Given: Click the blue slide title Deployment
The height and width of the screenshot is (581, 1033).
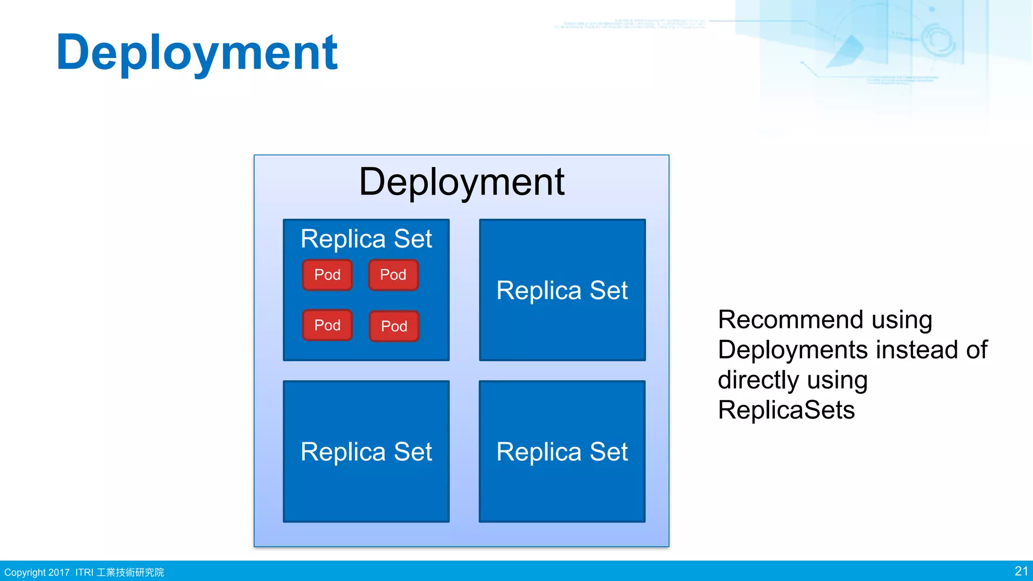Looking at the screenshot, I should coord(197,52).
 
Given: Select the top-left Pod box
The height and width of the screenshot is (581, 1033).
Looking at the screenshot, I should coord(327,275).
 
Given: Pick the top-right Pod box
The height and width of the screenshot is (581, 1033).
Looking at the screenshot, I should coord(393,275).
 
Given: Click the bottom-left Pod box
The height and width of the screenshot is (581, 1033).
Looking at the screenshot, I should coord(327,325).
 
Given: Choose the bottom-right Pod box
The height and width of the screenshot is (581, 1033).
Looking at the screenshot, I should coord(394,326).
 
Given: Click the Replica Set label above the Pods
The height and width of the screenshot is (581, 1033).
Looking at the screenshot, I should coord(366,239).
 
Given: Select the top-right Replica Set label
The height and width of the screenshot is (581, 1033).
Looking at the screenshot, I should coord(562,290).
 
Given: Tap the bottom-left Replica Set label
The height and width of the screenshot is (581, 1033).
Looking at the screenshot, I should coord(366,452).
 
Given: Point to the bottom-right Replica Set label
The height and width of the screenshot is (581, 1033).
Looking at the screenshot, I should coord(562,452).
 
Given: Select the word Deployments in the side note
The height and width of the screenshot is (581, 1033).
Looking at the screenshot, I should coord(792,350).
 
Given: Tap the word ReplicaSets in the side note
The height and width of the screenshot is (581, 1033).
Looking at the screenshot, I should coord(786,410).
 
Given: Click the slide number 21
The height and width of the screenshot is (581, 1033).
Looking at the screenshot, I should coord(1021,571).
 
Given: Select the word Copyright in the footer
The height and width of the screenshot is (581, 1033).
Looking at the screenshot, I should coord(25,572).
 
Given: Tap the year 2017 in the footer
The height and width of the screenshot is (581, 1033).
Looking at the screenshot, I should coord(59,572).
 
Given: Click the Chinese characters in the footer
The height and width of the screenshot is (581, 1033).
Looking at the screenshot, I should coord(130,572).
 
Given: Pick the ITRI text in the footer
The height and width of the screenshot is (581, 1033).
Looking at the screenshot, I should coord(84,572).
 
